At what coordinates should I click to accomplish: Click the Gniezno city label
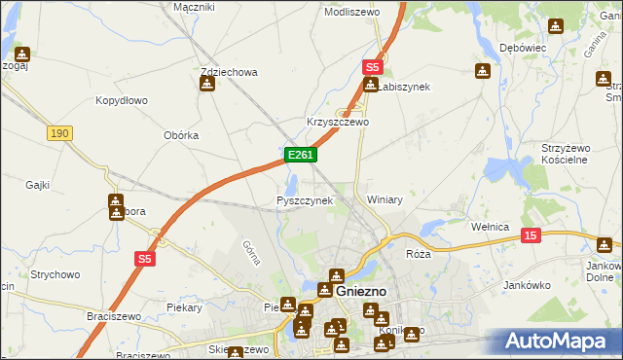pos(361,291)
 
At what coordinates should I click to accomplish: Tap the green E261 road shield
pos(299,155)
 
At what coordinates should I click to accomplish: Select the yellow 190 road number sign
pos(60,133)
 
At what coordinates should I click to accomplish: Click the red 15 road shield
pos(531,234)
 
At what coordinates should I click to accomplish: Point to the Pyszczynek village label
pos(305,200)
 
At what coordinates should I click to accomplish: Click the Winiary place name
pos(385,199)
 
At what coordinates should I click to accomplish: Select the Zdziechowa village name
pos(228,72)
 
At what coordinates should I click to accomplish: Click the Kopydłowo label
pos(121,100)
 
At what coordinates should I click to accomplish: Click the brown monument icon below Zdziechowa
pos(206,85)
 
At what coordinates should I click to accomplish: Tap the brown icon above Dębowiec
pos(555,27)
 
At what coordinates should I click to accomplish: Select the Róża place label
pos(418,253)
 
